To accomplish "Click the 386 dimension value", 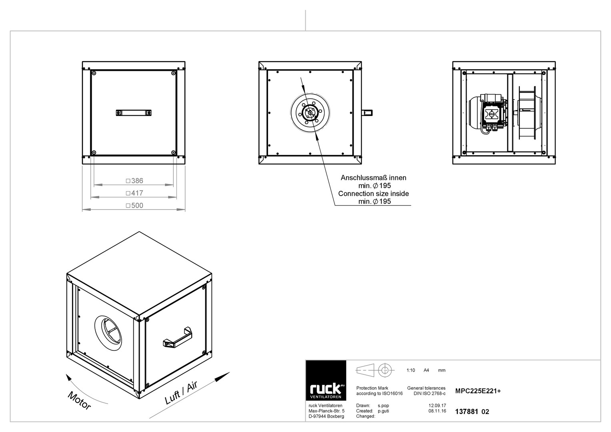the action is click(137, 181).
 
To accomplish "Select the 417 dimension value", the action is click(137, 193).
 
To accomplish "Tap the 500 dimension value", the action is click(137, 205).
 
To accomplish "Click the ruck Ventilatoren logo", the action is click(326, 380).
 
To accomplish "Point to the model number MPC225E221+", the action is click(478, 391).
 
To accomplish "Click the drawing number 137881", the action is click(467, 412).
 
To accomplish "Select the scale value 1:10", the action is click(411, 370).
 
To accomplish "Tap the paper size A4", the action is click(426, 370).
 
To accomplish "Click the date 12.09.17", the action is click(437, 406).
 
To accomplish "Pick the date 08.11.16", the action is click(437, 411).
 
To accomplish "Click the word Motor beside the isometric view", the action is click(79, 400).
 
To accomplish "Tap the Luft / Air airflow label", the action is click(181, 393).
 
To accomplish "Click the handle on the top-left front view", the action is click(134, 113).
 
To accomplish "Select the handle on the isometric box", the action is click(178, 337).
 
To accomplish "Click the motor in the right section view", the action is click(488, 114).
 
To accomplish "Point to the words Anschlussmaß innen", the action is click(373, 178).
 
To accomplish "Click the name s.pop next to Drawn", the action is click(383, 406).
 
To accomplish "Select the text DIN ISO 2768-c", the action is click(430, 394).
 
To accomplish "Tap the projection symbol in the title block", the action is click(375, 370).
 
